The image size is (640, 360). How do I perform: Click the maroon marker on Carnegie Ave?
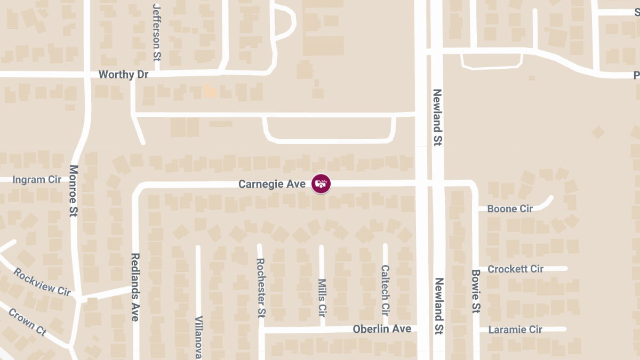click(x=321, y=183)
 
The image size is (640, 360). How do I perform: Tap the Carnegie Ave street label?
click(x=271, y=184)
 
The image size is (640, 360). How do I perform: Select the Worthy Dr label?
click(x=123, y=75)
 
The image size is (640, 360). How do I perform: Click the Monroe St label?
click(x=74, y=190)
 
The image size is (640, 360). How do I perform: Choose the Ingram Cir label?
click(x=37, y=179)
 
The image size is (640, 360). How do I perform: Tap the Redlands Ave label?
click(x=135, y=287)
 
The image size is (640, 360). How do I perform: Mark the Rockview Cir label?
click(x=42, y=282)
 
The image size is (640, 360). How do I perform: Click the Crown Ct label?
click(x=27, y=322)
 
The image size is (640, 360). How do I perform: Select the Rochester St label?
click(x=261, y=286)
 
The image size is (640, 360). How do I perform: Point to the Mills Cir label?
click(x=322, y=296)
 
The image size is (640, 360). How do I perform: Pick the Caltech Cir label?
click(x=385, y=290)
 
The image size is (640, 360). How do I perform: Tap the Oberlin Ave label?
click(x=382, y=329)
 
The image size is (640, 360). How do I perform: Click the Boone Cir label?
click(x=510, y=209)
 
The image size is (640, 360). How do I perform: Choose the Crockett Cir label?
click(x=515, y=269)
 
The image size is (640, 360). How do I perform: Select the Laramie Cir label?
click(x=515, y=330)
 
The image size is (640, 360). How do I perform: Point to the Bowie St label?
click(x=476, y=291)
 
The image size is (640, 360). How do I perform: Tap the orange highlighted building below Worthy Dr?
click(x=210, y=90)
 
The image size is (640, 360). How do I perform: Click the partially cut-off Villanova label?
click(x=198, y=338)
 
